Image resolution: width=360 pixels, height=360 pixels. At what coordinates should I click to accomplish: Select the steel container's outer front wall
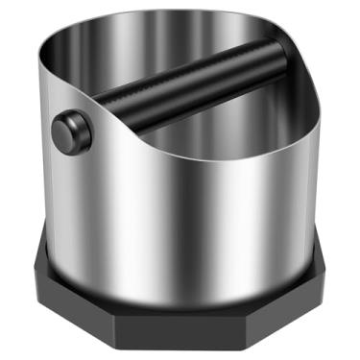[x=182, y=230]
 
